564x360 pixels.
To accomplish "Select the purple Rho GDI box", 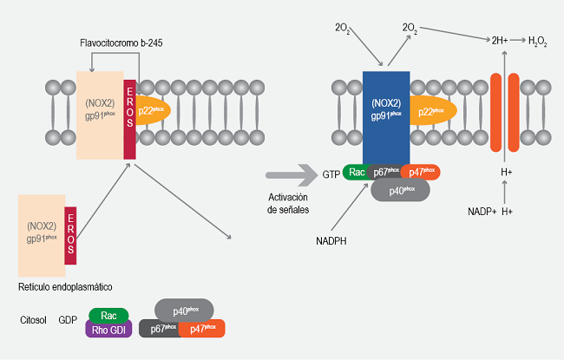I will (x=107, y=329).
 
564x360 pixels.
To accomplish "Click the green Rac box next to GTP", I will (x=357, y=173).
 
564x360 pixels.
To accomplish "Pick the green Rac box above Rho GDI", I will (x=108, y=313).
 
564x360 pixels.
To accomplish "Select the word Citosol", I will (x=32, y=319).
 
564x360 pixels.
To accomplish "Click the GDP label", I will (x=69, y=319).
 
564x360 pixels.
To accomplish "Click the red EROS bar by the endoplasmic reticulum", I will (x=70, y=234).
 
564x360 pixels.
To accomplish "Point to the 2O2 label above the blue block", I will (x=343, y=29).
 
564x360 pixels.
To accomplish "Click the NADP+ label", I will (x=482, y=212).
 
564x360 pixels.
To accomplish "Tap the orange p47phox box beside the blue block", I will (x=422, y=173).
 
